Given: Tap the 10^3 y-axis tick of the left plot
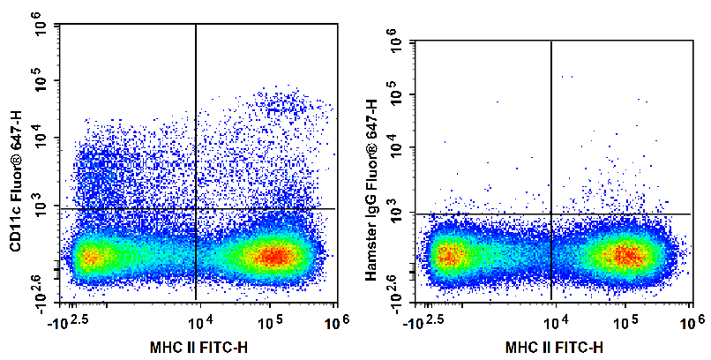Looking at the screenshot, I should pyautogui.click(x=42, y=206).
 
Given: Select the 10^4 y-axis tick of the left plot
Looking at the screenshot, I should pyautogui.click(x=42, y=138).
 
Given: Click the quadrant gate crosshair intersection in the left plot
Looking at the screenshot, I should pyautogui.click(x=195, y=209).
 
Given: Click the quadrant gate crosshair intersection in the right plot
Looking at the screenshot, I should pyautogui.click(x=551, y=214).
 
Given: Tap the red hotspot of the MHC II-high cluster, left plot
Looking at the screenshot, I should pyautogui.click(x=275, y=256).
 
